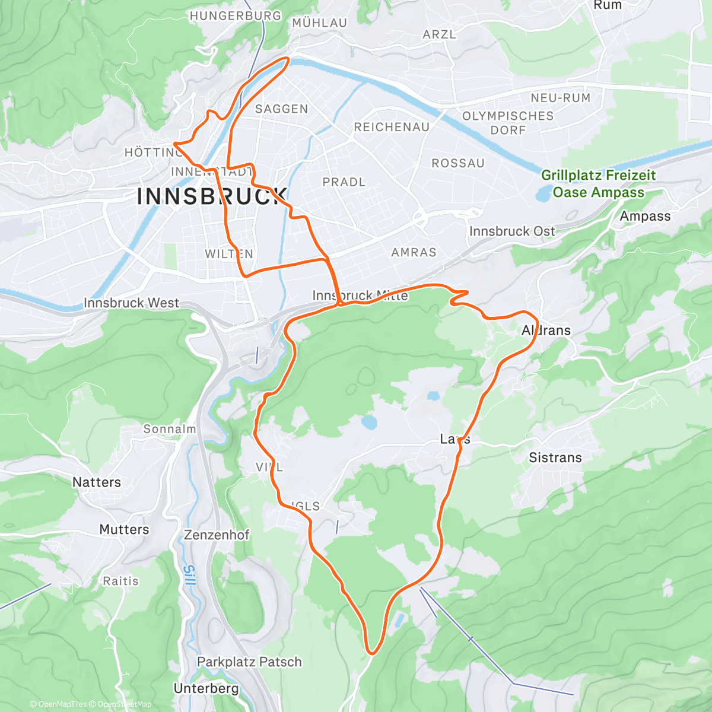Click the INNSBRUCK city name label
212,196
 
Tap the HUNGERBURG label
236,16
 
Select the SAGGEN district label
282,109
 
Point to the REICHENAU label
392,127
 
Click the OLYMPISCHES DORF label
508,123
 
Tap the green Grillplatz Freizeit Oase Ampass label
598,183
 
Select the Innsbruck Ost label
512,231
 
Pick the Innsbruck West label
131,303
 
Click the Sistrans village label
555,457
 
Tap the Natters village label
97,482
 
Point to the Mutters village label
124,529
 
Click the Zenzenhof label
217,535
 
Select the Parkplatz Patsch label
249,662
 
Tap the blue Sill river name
189,576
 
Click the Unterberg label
206,688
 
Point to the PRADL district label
344,182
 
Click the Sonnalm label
170,428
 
